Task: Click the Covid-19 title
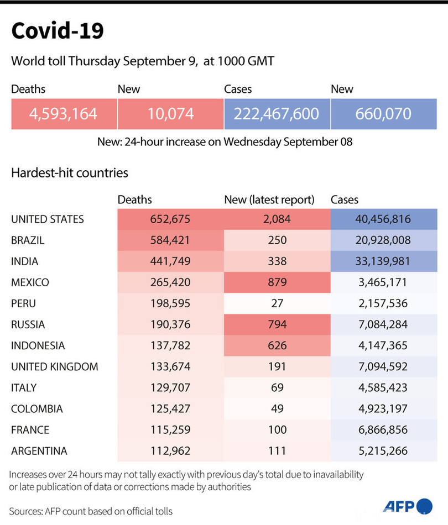[57, 31]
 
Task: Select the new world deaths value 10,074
[170, 114]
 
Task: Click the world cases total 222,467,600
[277, 114]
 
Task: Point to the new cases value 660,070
[384, 114]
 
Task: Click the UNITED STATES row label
[48, 219]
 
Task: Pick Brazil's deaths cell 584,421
[170, 240]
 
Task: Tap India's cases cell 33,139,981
[384, 261]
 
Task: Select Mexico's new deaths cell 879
[277, 282]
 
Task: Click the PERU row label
[24, 303]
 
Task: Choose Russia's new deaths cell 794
[277, 324]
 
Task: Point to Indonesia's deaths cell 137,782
[170, 345]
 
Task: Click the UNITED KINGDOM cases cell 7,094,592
[384, 366]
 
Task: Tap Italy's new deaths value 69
[277, 387]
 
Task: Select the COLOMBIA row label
[37, 409]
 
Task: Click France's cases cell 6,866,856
[384, 430]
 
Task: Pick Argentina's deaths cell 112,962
[170, 451]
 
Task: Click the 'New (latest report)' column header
[269, 200]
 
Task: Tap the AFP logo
[408, 506]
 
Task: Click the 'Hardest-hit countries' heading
[70, 173]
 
